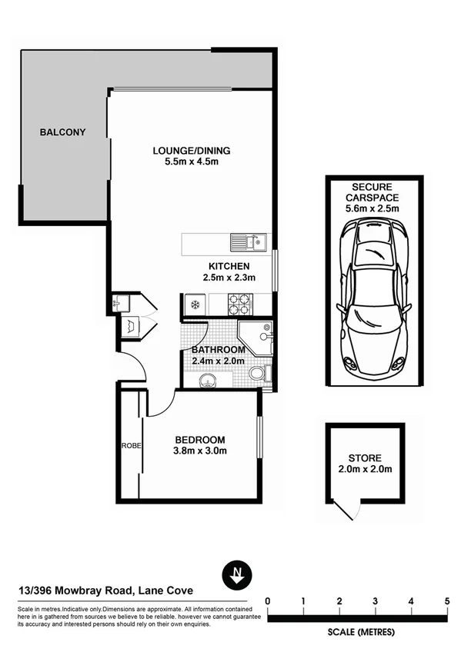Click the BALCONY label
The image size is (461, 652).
coord(62,132)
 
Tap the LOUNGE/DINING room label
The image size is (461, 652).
coord(192,151)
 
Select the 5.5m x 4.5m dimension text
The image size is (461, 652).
coord(192,162)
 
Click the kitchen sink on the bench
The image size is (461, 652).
coord(248,244)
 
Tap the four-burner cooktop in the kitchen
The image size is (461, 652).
coord(238,305)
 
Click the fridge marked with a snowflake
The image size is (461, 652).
coord(195,305)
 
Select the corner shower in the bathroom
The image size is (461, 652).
coord(256,338)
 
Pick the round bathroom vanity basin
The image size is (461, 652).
coord(206,380)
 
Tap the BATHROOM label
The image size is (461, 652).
coord(218,350)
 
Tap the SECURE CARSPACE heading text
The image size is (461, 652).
coord(372,192)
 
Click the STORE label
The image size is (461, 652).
coord(366,458)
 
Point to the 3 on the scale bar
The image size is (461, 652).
coord(375,600)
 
